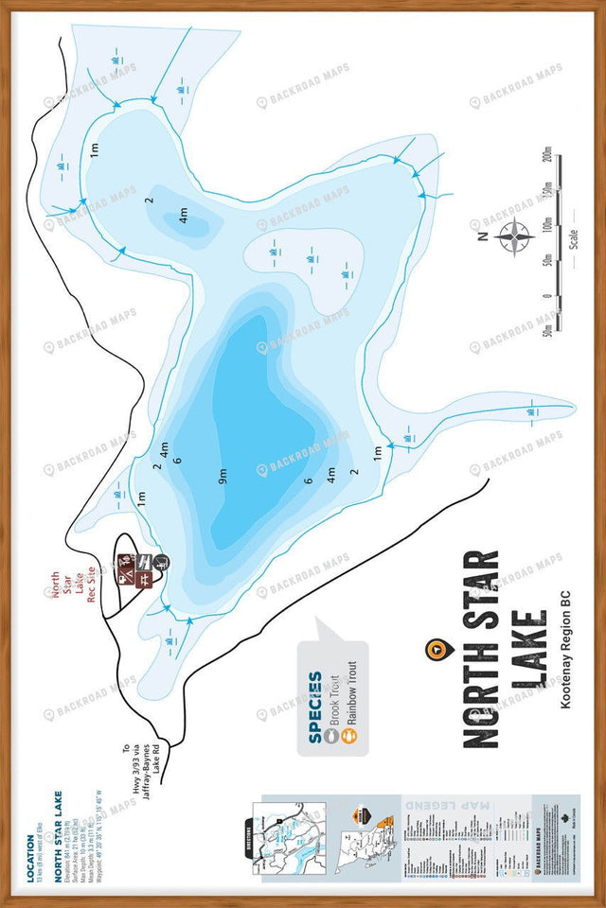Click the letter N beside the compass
tap(481, 236)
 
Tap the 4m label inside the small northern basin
tap(183, 216)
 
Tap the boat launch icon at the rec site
tap(161, 563)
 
